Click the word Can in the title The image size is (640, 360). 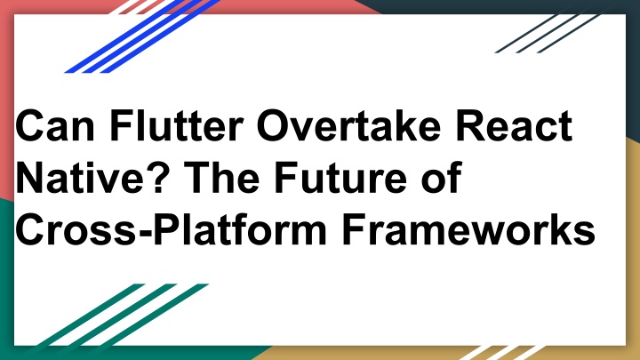[x=55, y=125]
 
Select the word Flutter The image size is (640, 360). [x=177, y=125]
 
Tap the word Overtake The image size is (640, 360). [x=349, y=125]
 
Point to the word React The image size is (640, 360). [x=515, y=125]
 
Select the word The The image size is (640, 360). [x=221, y=178]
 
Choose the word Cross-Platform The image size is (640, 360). [x=171, y=230]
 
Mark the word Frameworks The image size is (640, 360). [x=468, y=230]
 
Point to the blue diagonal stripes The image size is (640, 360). [x=143, y=36]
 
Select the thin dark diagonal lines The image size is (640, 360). [x=548, y=34]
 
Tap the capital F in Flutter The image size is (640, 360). [x=122, y=125]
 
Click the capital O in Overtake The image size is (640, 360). [x=274, y=125]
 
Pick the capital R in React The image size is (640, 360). [x=470, y=125]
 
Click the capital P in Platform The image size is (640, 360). [x=167, y=230]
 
